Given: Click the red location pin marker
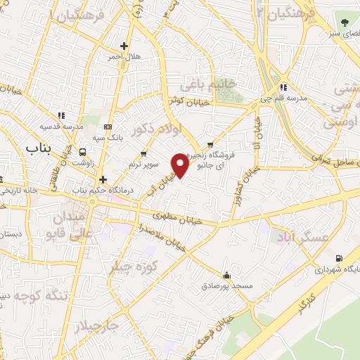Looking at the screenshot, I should point(181,164).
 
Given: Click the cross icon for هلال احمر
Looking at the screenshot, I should point(124,46).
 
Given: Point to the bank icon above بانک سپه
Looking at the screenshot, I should point(107,127).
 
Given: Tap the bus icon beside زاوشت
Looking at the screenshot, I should point(83,151).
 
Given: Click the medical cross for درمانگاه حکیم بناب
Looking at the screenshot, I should point(103,179).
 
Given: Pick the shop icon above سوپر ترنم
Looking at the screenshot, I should point(143,153).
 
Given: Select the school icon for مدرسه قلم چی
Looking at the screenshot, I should point(283,88).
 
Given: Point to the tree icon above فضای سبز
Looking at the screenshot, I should point(344,23).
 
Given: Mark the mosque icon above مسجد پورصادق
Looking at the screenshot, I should point(226,275).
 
